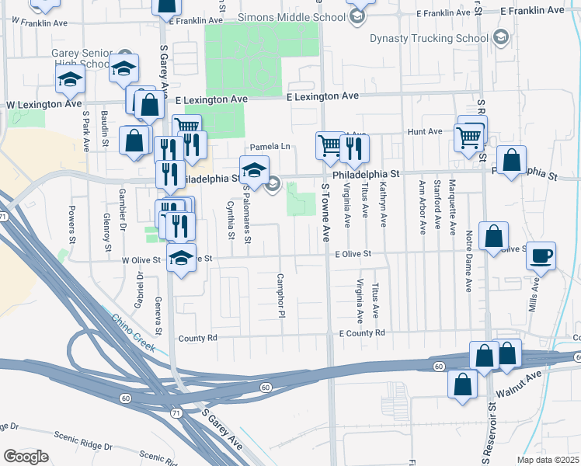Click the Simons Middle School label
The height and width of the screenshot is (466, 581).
click(301, 17)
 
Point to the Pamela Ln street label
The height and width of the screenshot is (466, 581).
click(270, 147)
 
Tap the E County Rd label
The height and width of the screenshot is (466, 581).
click(362, 332)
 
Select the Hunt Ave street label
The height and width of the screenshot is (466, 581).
click(424, 132)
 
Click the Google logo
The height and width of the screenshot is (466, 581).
click(25, 456)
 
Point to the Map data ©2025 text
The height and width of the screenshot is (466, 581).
click(547, 460)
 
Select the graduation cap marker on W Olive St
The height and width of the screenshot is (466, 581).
click(181, 259)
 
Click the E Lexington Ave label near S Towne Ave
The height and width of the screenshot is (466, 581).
click(322, 96)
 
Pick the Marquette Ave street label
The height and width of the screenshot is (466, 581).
click(452, 206)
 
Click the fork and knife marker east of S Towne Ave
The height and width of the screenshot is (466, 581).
click(354, 148)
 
